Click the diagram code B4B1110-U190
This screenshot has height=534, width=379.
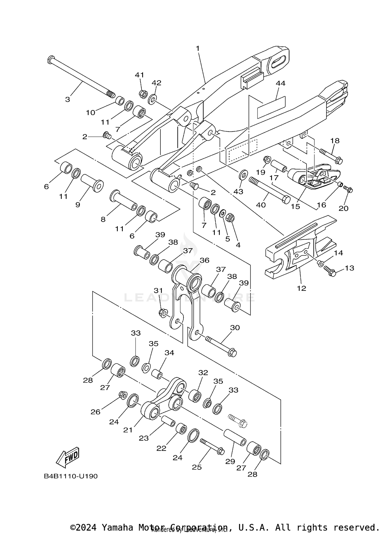click(x=71, y=476)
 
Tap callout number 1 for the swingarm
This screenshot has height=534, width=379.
click(x=198, y=48)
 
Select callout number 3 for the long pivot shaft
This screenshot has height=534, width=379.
click(x=67, y=99)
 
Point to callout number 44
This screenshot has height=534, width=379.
click(x=280, y=83)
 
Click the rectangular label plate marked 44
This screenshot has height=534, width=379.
click(x=271, y=107)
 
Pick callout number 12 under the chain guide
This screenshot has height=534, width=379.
click(x=301, y=288)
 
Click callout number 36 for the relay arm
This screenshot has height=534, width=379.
click(x=204, y=260)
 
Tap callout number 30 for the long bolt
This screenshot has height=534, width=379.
click(x=235, y=328)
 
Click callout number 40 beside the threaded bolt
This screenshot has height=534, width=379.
click(x=261, y=205)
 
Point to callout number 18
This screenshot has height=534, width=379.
click(x=335, y=141)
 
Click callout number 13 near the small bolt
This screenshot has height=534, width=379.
click(x=349, y=268)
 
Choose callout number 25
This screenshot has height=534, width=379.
click(x=197, y=467)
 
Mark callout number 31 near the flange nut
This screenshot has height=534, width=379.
click(x=158, y=291)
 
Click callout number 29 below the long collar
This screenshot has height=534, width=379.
click(x=230, y=461)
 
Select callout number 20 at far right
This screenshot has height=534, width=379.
click(x=344, y=208)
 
